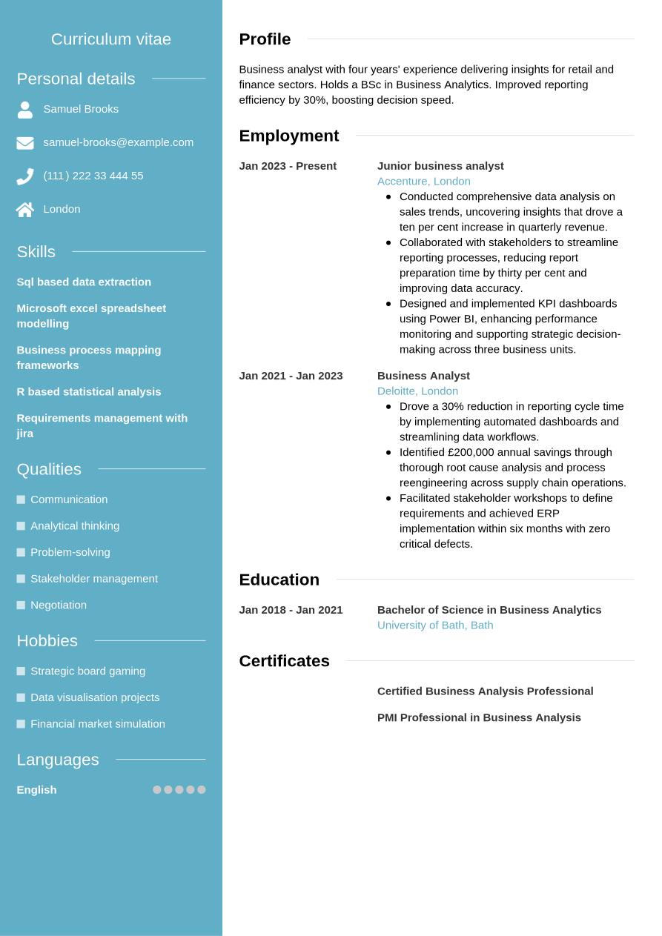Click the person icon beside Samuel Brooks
25,110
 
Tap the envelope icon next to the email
25,143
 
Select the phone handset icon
25,176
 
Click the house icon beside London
25,210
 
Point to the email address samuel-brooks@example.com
118,142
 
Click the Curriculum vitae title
111,39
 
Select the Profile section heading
265,39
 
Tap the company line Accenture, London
423,181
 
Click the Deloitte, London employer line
417,391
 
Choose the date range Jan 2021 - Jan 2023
291,376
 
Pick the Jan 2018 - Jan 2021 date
291,610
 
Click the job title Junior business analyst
440,166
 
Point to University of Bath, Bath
435,625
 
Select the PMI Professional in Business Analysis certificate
479,717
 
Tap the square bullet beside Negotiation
21,605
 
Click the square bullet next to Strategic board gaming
21,671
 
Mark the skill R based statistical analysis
89,391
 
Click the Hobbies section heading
47,640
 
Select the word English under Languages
36,790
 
